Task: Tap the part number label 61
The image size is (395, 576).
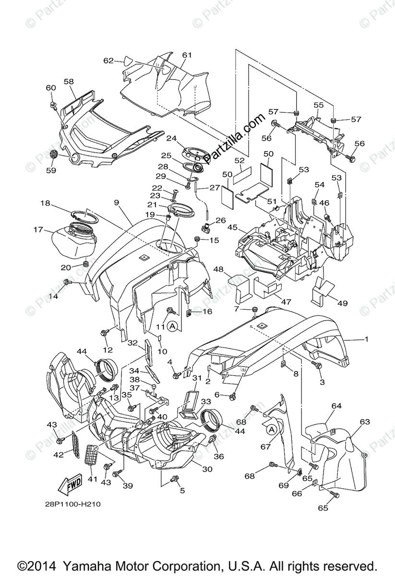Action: coord(187,55)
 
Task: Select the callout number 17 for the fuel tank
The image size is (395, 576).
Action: coord(38,230)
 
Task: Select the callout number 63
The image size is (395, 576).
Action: coord(365,422)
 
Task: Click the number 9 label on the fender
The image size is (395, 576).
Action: coord(117,203)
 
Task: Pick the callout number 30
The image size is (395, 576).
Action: coord(207,469)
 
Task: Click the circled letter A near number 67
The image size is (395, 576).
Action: coord(272,430)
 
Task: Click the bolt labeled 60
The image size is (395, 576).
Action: coord(54,104)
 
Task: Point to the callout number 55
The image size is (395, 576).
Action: coord(319,104)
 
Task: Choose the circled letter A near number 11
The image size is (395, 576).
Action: coord(173,326)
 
